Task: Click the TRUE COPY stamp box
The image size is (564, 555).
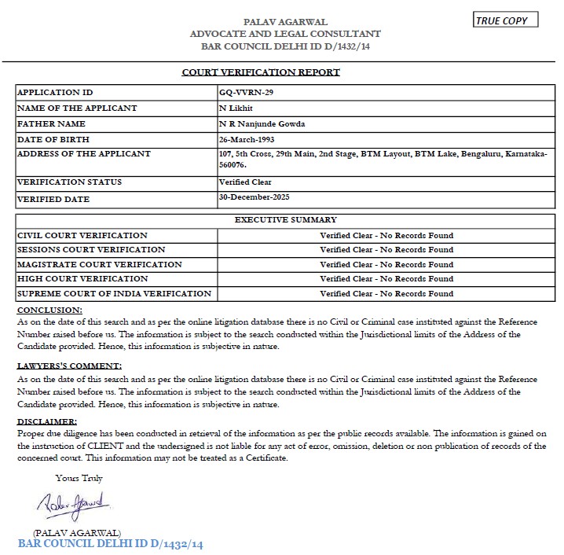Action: (x=505, y=20)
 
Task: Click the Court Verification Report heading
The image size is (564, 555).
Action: (x=261, y=72)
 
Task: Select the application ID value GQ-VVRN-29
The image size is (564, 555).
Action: (x=247, y=93)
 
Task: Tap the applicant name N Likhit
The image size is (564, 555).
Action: (x=236, y=108)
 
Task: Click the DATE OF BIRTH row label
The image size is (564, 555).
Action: (x=54, y=139)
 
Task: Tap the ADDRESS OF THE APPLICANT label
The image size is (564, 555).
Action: (x=83, y=153)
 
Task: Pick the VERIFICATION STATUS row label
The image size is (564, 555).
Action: (x=69, y=182)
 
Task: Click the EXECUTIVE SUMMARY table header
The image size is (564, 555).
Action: (x=285, y=220)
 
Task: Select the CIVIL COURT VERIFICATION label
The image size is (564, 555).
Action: (x=82, y=235)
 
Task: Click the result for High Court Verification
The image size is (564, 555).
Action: (x=386, y=279)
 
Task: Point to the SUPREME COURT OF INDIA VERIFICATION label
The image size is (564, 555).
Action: (x=114, y=293)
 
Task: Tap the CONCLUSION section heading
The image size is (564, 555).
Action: (x=49, y=311)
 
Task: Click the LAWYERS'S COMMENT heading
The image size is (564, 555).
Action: (x=70, y=366)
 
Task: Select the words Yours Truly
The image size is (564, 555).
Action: (x=79, y=478)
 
